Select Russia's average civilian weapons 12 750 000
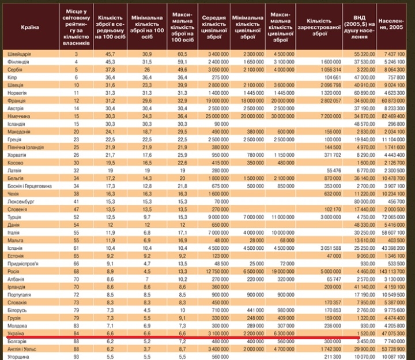pyautogui.click(x=213, y=269)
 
